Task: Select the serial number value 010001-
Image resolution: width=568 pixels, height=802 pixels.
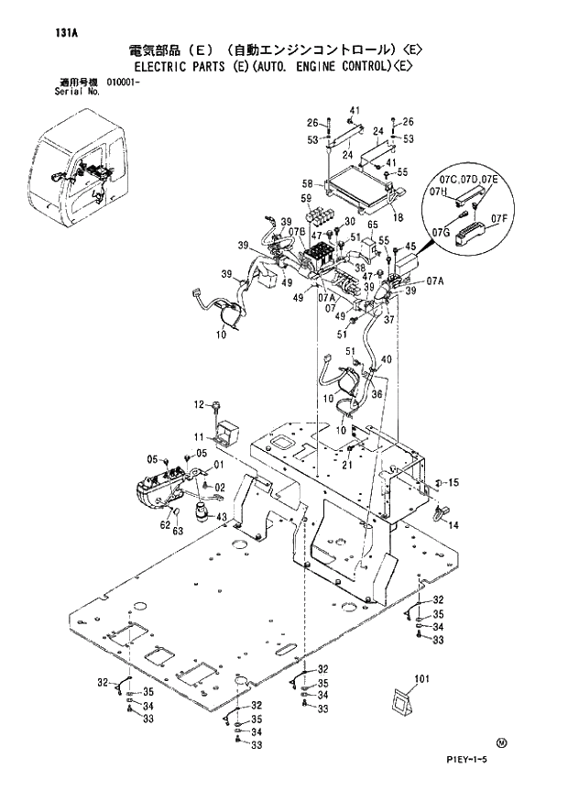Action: click(126, 82)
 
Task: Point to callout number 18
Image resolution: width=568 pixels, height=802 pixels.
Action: click(398, 216)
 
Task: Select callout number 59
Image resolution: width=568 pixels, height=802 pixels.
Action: click(306, 199)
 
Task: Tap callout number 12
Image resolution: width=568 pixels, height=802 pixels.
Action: click(199, 404)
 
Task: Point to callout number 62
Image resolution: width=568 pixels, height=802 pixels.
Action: click(164, 525)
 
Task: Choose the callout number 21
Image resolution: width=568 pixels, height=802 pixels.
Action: click(347, 464)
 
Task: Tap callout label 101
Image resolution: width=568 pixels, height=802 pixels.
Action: click(421, 679)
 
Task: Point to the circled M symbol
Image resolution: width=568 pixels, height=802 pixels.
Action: click(500, 742)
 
